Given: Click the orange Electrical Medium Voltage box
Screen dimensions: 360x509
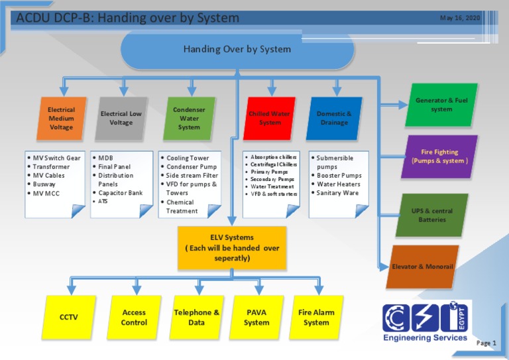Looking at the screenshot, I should point(61,119).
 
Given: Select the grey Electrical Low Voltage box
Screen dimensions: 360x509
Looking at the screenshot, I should point(121,119).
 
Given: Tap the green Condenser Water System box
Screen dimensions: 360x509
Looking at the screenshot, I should point(189,119).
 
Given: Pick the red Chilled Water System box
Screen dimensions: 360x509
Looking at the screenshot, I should point(270,119).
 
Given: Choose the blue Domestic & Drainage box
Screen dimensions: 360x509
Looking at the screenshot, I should point(334,119).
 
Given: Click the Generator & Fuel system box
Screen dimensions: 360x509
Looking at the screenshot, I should point(441,105).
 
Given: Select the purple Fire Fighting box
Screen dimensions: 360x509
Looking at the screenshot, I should point(439,157).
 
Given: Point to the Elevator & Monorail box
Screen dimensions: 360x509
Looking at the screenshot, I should point(422,267).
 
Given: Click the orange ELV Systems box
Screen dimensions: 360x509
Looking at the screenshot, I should point(232,247).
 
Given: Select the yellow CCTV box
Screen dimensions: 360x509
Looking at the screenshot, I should point(69,317).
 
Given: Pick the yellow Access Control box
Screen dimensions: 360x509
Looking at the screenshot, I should point(134,317).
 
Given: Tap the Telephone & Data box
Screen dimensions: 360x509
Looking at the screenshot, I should point(196,317).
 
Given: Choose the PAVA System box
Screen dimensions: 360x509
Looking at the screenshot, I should point(256,317).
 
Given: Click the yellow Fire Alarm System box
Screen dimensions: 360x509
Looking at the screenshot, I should point(316,317).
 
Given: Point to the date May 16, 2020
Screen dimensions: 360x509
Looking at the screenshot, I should point(460,18).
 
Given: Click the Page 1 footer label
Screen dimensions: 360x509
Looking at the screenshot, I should point(486,343).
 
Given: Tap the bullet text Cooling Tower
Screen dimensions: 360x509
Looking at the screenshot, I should point(188,158).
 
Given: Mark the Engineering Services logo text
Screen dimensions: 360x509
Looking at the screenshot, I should point(425,337).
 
